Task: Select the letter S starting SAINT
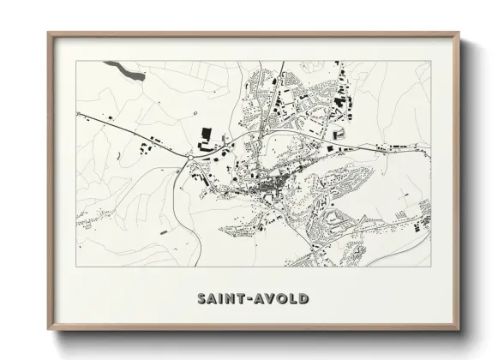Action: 202,299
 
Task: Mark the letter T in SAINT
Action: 243,299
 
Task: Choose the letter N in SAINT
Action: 232,299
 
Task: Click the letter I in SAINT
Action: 223,299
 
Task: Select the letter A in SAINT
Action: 213,299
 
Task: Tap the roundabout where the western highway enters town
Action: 188,158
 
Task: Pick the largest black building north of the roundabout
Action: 205,134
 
